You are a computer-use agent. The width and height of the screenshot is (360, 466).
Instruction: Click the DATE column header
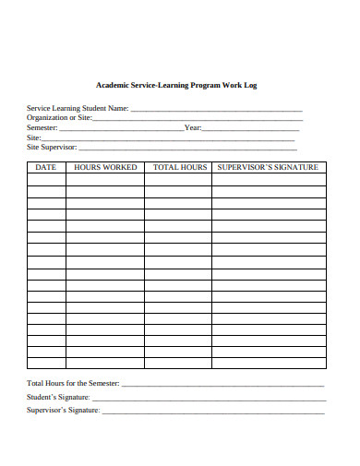click(46, 167)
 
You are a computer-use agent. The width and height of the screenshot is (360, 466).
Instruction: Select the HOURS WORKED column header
click(105, 167)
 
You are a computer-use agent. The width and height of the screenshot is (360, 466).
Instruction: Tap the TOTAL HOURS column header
click(179, 167)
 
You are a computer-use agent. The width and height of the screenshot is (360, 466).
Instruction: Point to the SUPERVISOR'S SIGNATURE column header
click(269, 167)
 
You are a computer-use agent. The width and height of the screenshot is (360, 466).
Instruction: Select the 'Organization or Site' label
click(60, 118)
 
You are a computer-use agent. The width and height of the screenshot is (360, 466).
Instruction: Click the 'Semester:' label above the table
click(43, 127)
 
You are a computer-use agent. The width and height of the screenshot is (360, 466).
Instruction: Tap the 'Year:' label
click(193, 127)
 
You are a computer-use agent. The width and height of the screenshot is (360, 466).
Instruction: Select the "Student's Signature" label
click(59, 397)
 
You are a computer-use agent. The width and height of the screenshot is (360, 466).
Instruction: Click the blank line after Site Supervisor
click(188, 148)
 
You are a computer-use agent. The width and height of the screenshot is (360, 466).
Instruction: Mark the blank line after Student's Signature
click(208, 399)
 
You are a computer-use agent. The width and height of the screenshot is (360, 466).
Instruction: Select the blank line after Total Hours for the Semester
click(222, 385)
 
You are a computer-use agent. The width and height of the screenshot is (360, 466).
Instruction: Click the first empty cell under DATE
click(46, 180)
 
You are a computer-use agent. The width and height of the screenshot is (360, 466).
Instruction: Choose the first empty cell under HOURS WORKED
click(105, 180)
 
